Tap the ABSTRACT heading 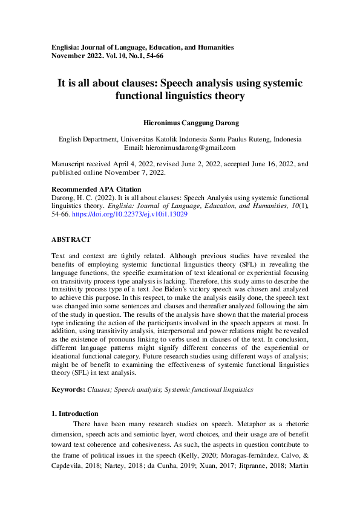(71, 239)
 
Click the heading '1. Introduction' (75, 413)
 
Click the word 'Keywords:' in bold (68, 390)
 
